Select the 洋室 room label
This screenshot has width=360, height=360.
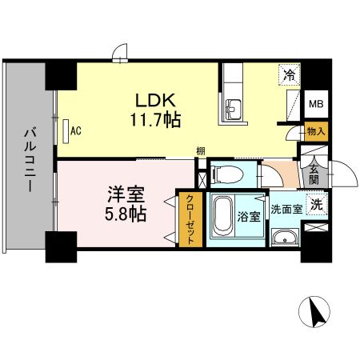(x=126, y=194)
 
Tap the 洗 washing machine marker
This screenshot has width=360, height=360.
(x=317, y=205)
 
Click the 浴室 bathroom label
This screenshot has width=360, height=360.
(x=249, y=216)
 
